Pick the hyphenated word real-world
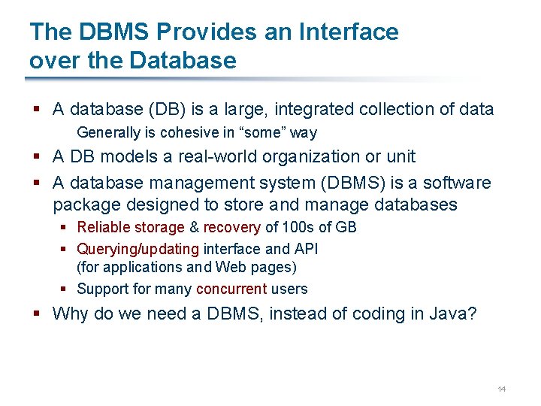tap(213, 157)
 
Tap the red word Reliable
tap(104, 227)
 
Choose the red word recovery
tap(231, 227)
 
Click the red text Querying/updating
tap(138, 249)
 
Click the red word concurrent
tap(231, 289)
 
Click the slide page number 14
tap(502, 389)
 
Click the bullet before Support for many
tap(65, 289)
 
